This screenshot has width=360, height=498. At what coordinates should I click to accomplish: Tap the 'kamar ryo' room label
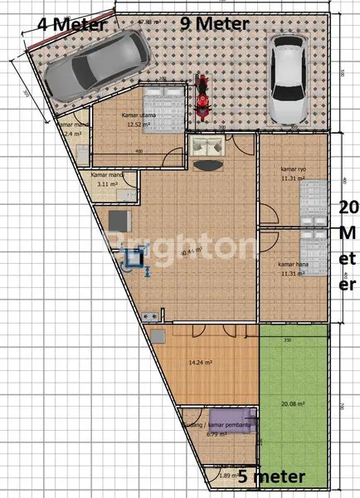click(294, 169)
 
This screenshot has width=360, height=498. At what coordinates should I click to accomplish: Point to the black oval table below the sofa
click(211, 164)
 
